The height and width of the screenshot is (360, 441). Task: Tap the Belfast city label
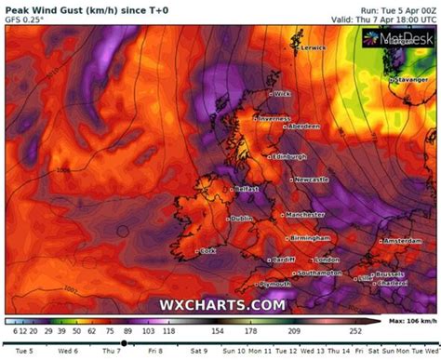(248, 188)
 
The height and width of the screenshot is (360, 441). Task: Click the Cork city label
(208, 250)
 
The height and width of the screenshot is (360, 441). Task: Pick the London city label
(324, 259)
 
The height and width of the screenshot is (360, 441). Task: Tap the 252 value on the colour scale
(354, 330)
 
